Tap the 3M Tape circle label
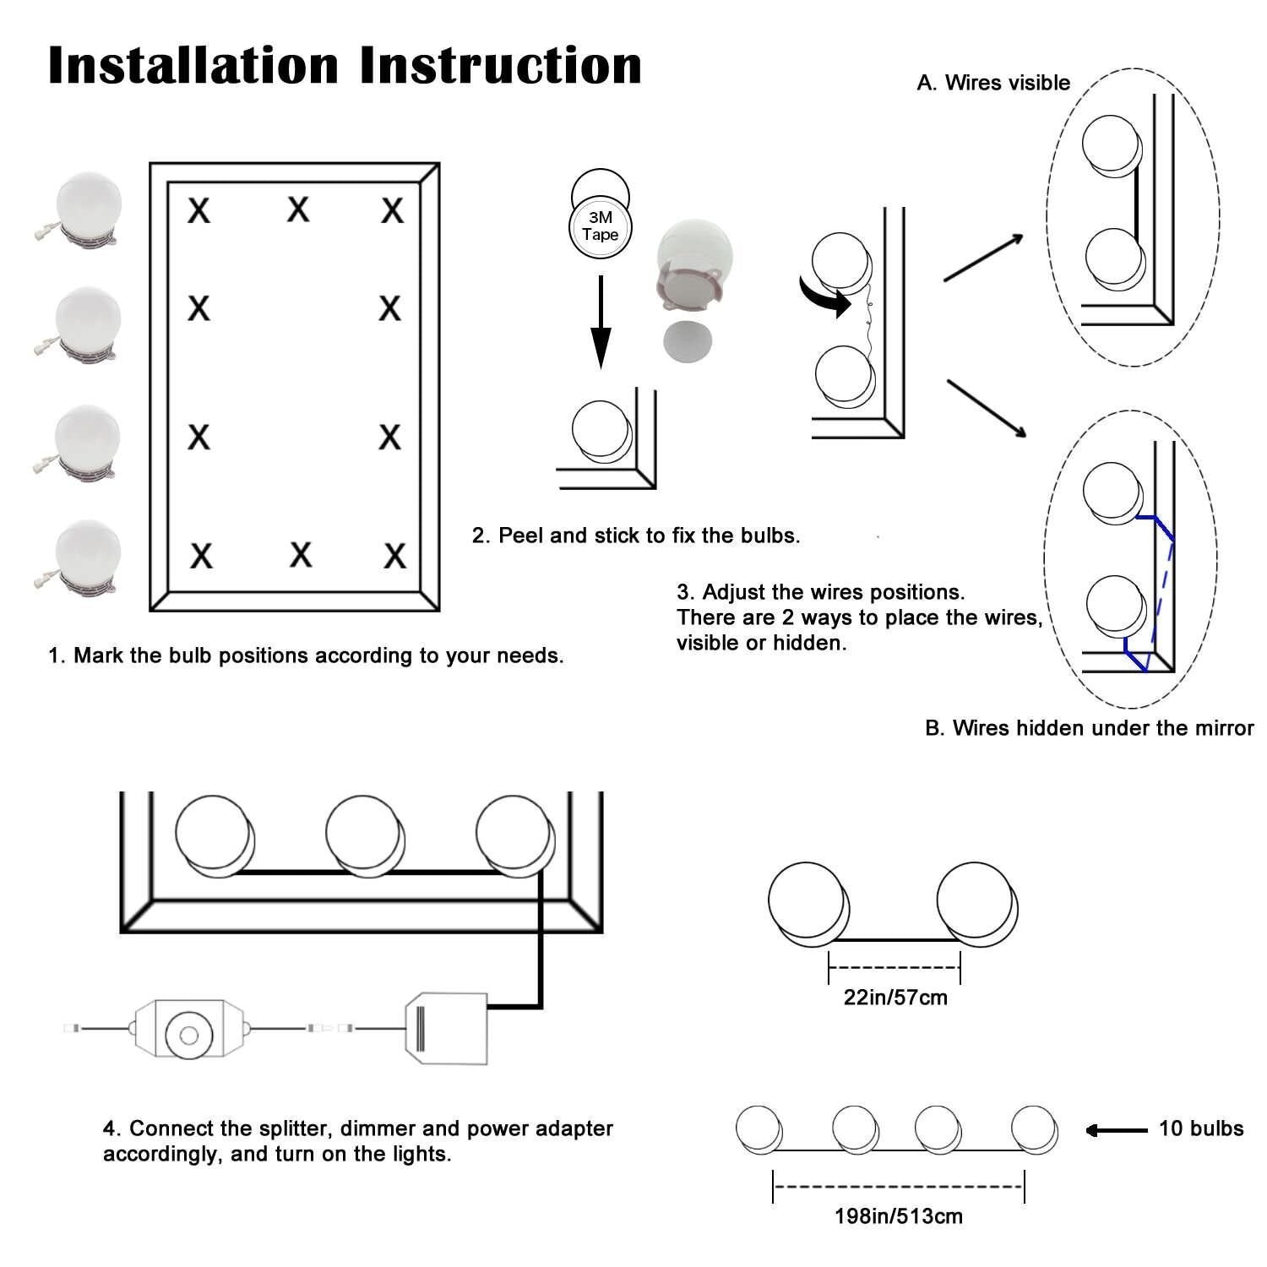point(600,226)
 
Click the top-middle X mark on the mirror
point(297,209)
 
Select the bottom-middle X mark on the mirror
point(301,555)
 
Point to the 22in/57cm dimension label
point(895,998)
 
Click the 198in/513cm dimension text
point(898,1216)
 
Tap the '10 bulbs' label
point(1200,1128)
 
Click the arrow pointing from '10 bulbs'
point(1116,1130)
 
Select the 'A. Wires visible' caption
point(993,83)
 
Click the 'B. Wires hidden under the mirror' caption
point(1089,728)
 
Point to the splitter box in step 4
point(445,1030)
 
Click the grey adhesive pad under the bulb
point(687,341)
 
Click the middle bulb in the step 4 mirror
point(363,834)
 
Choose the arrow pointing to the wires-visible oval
point(983,257)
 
